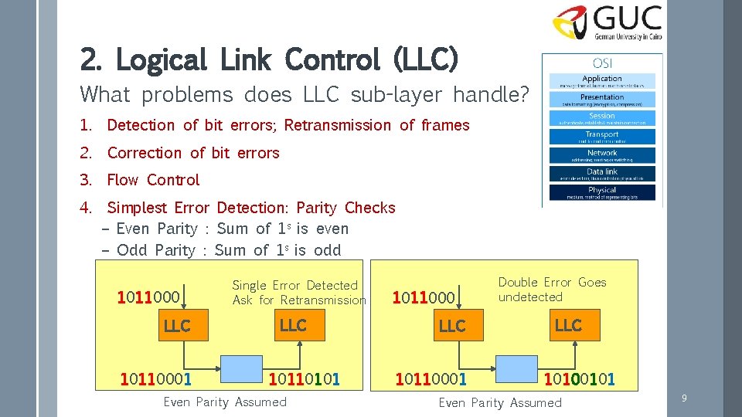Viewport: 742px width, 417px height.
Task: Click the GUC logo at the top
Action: tap(607, 23)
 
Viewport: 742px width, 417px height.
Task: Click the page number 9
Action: tap(684, 398)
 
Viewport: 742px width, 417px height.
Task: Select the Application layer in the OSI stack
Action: tap(602, 81)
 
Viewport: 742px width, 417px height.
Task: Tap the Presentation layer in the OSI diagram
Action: tap(602, 100)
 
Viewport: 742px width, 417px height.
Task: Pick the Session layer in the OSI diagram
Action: tap(602, 118)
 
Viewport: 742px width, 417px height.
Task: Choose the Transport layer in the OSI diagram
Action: tap(602, 137)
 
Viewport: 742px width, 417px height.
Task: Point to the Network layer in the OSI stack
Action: tap(602, 155)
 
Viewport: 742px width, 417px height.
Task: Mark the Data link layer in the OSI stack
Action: tap(602, 174)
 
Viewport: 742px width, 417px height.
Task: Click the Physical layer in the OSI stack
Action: tap(602, 192)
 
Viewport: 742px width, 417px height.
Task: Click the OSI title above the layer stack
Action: tap(602, 63)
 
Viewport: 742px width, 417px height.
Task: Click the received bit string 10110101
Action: tap(304, 379)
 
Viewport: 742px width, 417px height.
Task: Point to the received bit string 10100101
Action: tap(580, 379)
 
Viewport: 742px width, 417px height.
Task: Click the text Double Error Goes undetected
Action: tap(551, 290)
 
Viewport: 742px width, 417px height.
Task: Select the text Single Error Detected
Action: tap(294, 286)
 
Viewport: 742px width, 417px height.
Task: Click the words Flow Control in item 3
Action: tap(153, 180)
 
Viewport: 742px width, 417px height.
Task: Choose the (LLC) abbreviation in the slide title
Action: tap(426, 59)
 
